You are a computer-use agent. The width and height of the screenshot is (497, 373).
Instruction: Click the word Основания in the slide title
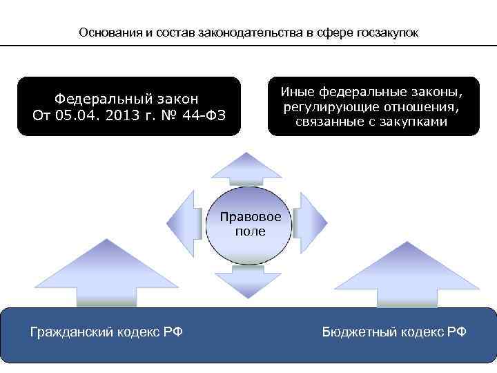click(108, 32)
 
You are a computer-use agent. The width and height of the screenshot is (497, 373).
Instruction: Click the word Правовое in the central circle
click(251, 217)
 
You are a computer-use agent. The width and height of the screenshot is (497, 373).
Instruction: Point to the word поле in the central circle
click(250, 231)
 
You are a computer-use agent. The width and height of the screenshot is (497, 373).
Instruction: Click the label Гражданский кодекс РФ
click(106, 332)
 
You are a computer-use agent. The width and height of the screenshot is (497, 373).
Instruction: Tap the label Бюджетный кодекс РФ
click(394, 332)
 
